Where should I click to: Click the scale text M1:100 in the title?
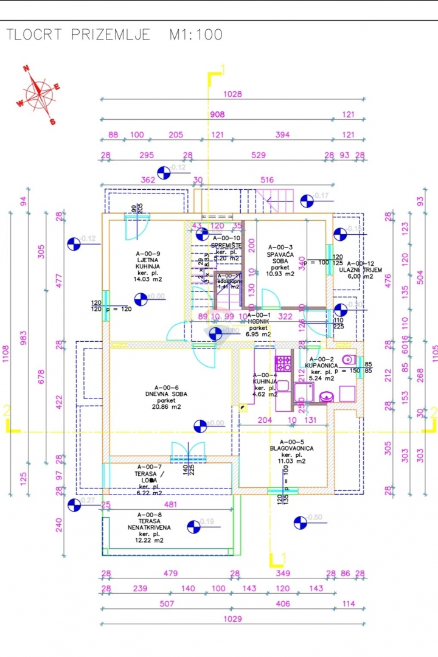click(195, 35)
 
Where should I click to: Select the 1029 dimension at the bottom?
click(232, 619)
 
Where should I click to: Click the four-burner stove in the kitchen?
click(283, 364)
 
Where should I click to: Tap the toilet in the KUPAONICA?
click(347, 359)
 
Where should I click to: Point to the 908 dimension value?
click(217, 114)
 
